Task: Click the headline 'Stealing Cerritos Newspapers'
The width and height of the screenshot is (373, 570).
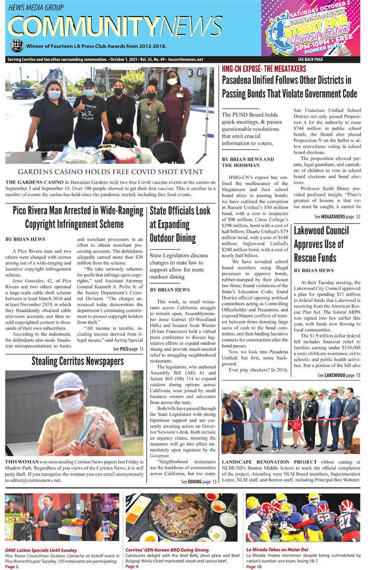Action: pyautogui.click(x=77, y=361)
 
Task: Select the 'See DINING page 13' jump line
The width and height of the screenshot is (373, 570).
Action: pyautogui.click(x=199, y=481)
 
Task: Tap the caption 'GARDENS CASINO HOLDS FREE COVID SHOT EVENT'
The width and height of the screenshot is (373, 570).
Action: pyautogui.click(x=111, y=172)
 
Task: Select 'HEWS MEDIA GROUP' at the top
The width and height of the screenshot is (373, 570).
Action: pyautogui.click(x=36, y=7)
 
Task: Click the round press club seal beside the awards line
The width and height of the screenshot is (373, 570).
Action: pyautogui.click(x=16, y=47)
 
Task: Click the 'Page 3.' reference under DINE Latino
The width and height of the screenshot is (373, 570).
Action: pyautogui.click(x=12, y=567)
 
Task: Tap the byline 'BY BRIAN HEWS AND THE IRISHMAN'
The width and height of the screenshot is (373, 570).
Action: pyautogui.click(x=247, y=162)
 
